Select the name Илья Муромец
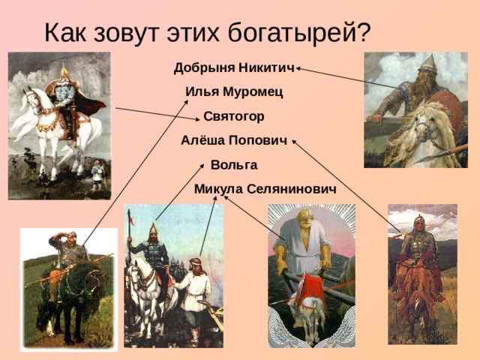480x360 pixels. pos(234,92)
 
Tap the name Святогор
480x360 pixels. pos(233,116)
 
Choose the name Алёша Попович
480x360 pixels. pos(234,140)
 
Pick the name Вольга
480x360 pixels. pos(234,164)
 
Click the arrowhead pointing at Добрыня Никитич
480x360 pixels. pos(299,69)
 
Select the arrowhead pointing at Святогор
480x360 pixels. pos(198,116)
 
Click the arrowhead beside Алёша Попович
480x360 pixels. pos(294,141)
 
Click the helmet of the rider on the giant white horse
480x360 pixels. pos(63,73)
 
